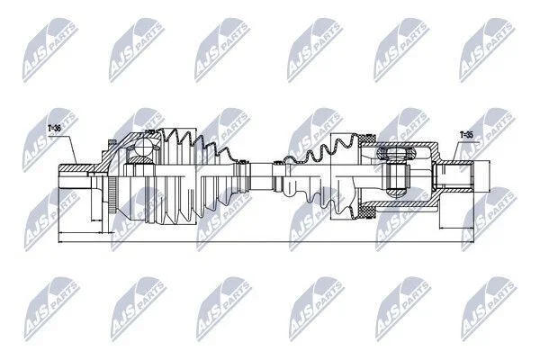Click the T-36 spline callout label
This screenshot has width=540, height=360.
pos(54,129)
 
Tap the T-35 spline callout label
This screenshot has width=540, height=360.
pos(466,135)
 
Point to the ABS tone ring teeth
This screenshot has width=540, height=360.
pos(112,195)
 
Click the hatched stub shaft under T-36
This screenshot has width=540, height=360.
pos(74,168)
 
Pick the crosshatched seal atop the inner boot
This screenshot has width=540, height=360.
pos(367,139)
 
